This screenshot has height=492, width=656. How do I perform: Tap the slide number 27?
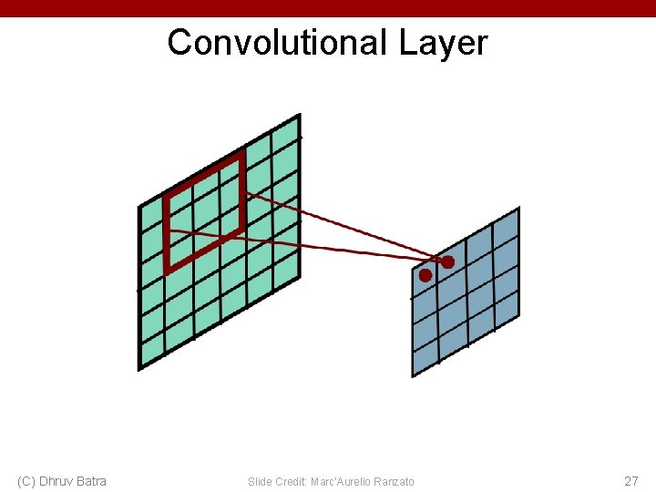click(630, 480)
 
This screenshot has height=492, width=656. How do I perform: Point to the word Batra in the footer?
click(91, 480)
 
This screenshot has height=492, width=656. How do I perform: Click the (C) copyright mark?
click(26, 480)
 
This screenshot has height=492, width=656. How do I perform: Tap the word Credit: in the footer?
click(290, 481)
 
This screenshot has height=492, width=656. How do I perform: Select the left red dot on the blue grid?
click(425, 274)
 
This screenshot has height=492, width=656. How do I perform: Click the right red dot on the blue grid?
click(447, 262)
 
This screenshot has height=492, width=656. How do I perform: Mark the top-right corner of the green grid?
click(299, 116)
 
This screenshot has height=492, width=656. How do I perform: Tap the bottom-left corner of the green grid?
click(139, 369)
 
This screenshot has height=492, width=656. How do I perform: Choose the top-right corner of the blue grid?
click(518, 209)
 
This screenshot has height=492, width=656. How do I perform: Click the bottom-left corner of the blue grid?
click(413, 375)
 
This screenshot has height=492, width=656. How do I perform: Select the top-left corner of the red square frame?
click(166, 197)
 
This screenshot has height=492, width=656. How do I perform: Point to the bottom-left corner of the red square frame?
click(168, 270)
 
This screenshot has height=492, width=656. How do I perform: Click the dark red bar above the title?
click(328, 7)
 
